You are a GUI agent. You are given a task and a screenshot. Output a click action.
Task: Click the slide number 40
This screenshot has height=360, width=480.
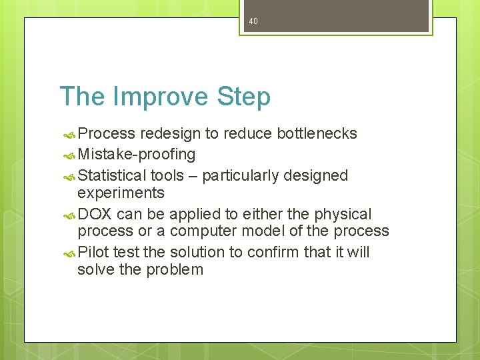tap(253, 21)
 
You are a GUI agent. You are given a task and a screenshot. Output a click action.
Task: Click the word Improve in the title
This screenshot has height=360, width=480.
tap(161, 97)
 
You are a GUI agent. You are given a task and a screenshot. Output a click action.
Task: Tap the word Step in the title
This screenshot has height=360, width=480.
tap(243, 97)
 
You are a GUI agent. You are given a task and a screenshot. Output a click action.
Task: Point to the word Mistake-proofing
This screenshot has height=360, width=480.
tap(137, 155)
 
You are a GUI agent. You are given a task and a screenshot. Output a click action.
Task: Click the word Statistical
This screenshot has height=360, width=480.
tap(112, 175)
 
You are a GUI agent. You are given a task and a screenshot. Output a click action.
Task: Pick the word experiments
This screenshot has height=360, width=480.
tap(121, 193)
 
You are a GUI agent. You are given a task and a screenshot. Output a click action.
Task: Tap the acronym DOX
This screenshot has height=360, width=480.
tap(95, 214)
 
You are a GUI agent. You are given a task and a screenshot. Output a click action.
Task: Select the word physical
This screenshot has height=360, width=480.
tap(342, 214)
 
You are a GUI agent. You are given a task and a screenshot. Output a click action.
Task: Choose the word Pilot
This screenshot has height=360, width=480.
tap(93, 252)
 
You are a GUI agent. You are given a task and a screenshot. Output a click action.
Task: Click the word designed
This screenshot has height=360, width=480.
tap(315, 175)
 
